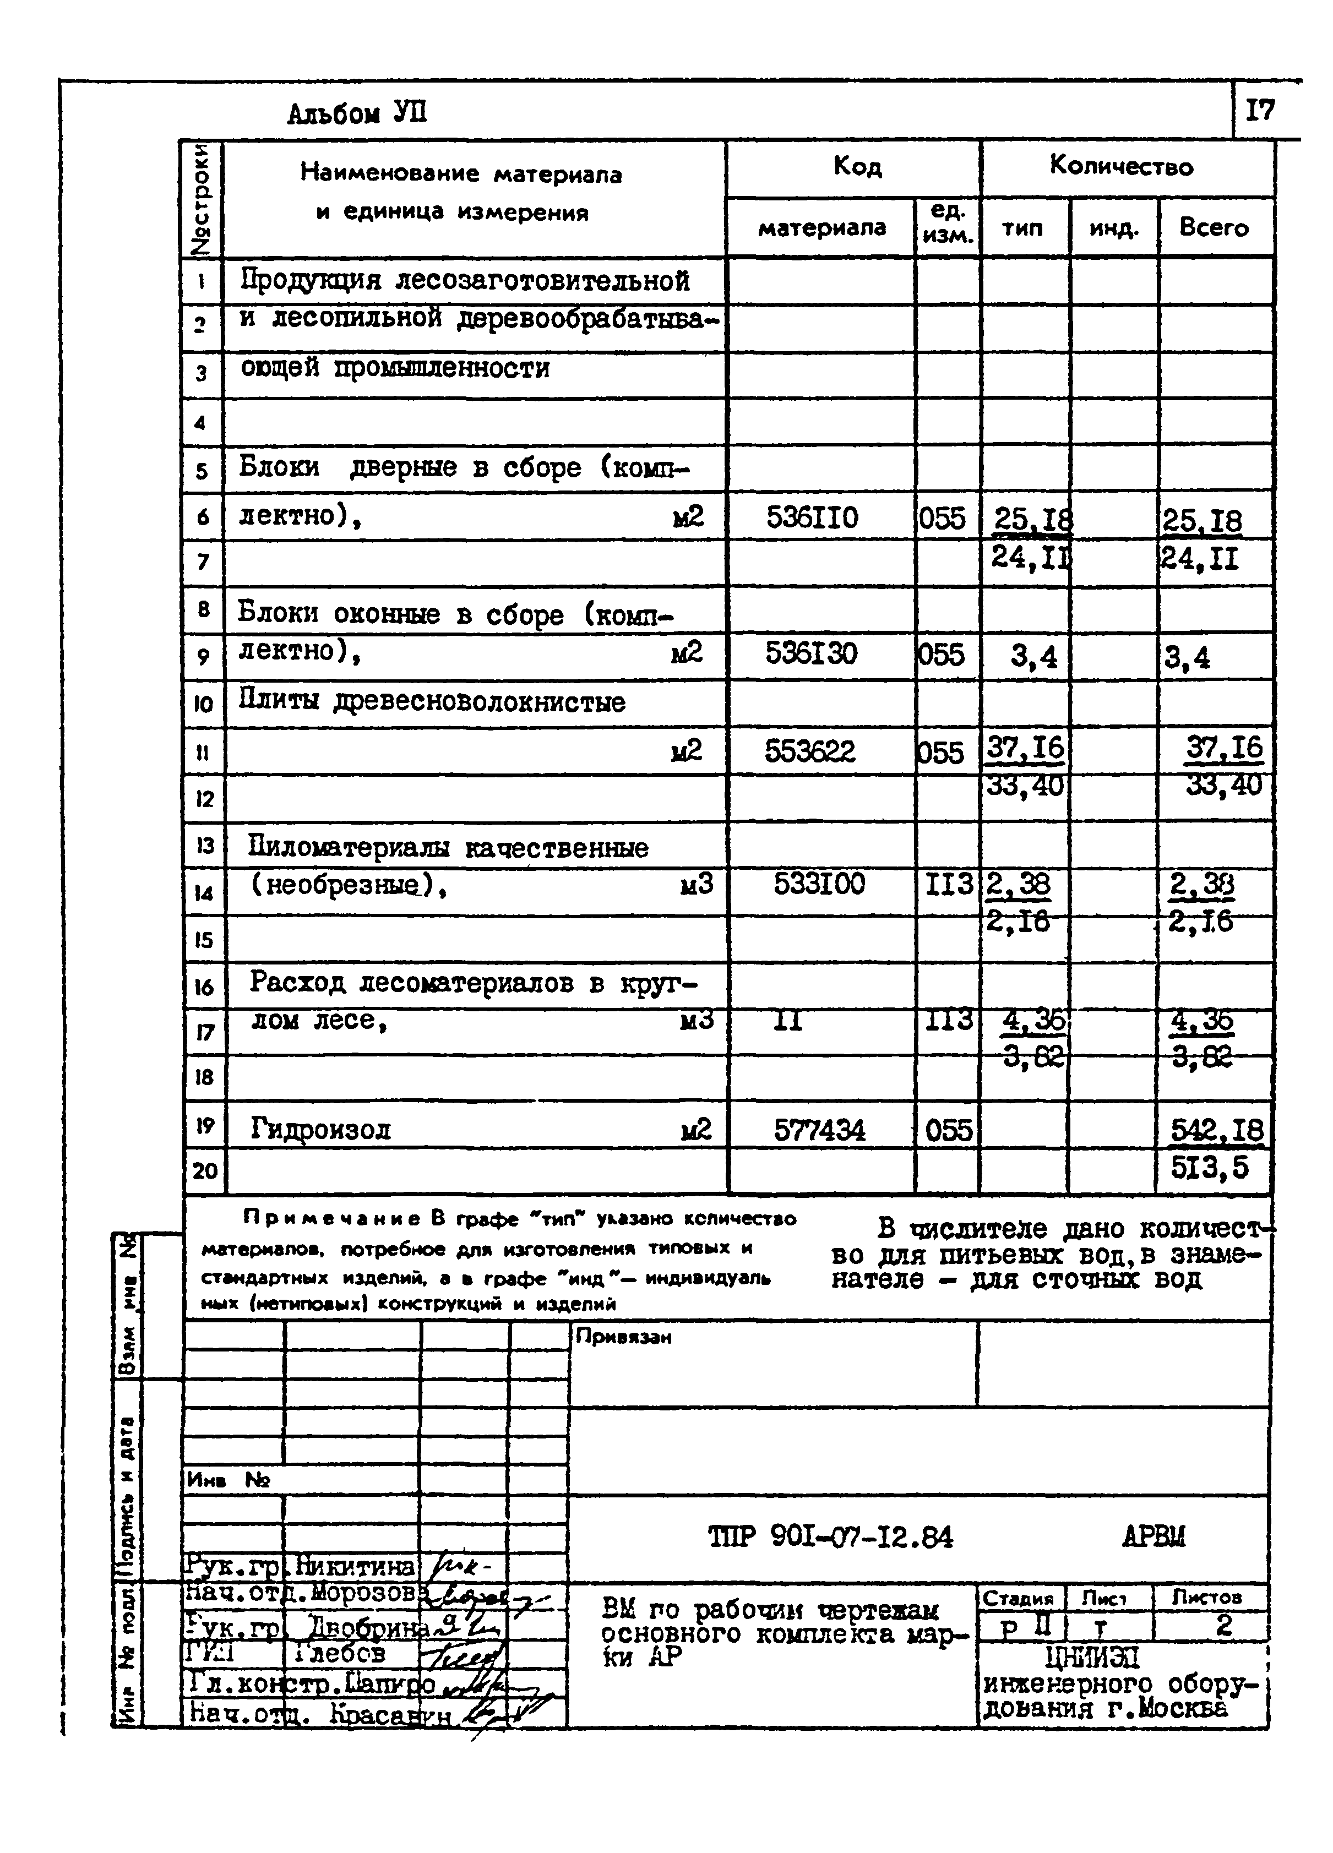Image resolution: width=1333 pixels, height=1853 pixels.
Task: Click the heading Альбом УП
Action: [x=357, y=113]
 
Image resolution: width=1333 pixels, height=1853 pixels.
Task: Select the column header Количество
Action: [x=1122, y=167]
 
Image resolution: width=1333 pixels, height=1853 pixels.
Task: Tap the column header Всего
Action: [x=1214, y=227]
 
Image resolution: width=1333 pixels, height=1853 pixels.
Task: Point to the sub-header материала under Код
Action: [x=821, y=227]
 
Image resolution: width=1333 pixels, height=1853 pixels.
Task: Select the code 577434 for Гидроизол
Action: [x=819, y=1130]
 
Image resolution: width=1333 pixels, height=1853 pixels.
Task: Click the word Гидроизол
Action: [x=320, y=1130]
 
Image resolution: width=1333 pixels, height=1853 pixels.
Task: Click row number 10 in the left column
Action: [x=204, y=704]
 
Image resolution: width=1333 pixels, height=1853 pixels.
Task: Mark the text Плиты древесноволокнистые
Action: [x=432, y=702]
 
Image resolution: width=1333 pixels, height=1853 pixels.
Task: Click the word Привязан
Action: [x=624, y=1338]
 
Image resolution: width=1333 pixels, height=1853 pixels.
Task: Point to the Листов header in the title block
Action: [x=1206, y=1596]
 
